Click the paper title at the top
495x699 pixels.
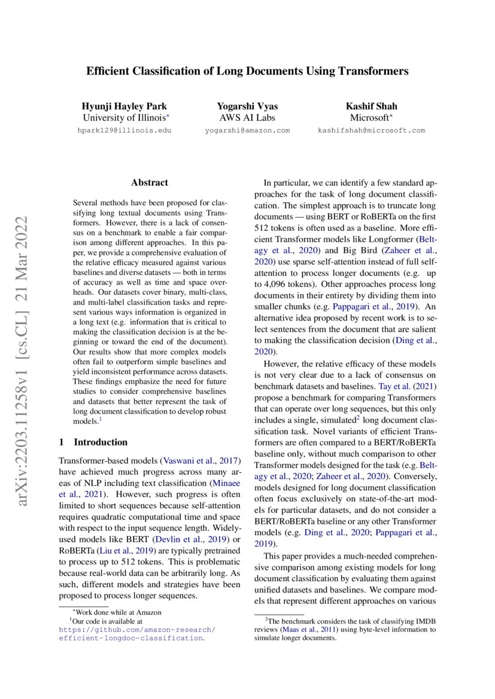tap(247, 71)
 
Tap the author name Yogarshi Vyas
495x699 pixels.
tap(247, 106)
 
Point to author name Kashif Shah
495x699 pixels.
tap(371, 106)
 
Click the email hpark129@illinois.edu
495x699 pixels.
tap(124, 130)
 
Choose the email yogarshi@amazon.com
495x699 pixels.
tap(247, 130)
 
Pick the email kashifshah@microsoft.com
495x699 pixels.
tap(371, 130)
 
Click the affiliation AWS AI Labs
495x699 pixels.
tap(247, 118)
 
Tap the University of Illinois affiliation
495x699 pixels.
tap(124, 118)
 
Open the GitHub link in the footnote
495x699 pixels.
tap(137, 634)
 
